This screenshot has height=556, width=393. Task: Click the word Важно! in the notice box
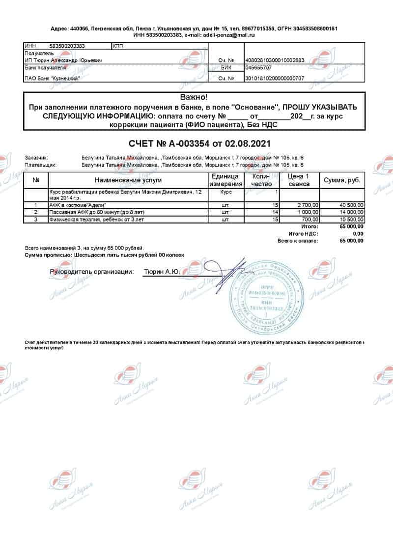pos(194,97)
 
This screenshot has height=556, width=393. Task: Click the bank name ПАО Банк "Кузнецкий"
pos(52,78)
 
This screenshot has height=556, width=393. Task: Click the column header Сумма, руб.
pos(342,180)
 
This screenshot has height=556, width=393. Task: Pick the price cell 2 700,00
pos(308,205)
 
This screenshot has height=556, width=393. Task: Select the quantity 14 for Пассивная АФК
pos(275,212)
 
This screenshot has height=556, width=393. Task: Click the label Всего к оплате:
pos(298,241)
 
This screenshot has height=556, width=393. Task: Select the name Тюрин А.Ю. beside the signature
pos(161,271)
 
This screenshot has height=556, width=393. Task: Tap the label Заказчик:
pos(36,158)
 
